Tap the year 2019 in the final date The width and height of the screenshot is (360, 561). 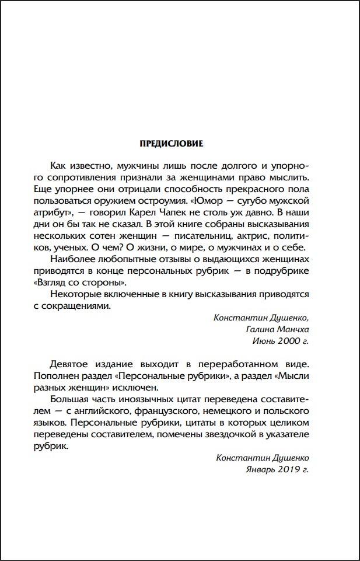click(290, 470)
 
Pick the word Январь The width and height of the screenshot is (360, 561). click(262, 470)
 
